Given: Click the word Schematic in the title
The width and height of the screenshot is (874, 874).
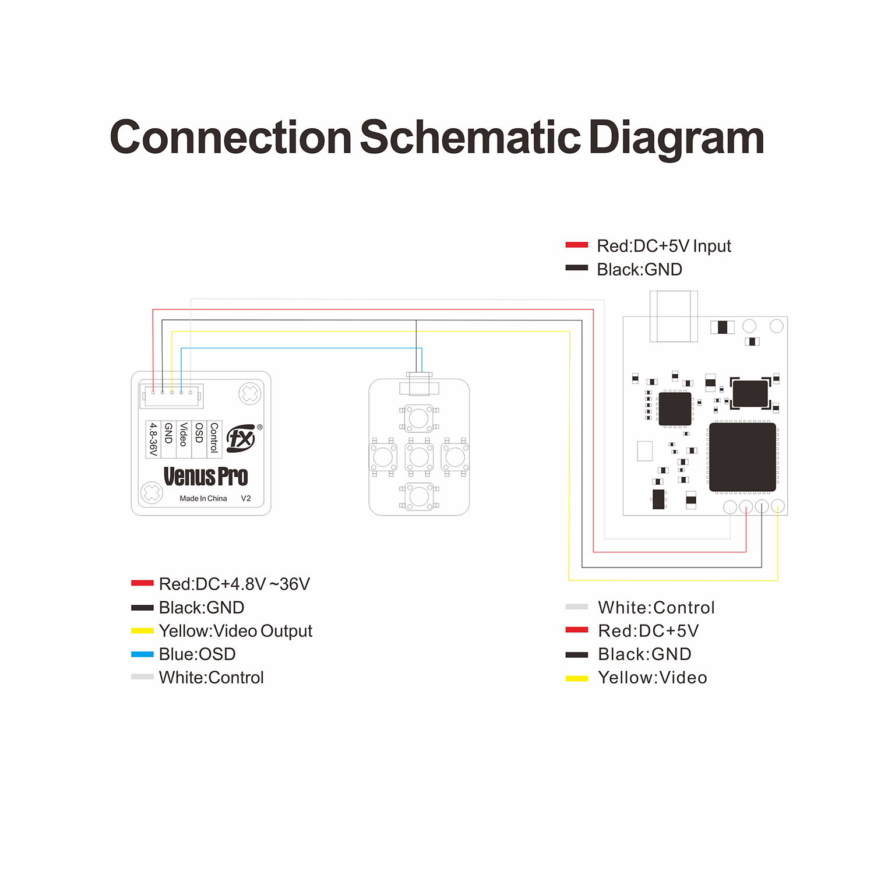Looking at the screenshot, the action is pyautogui.click(x=470, y=138).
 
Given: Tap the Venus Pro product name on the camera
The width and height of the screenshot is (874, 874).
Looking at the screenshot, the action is pyautogui.click(x=206, y=477).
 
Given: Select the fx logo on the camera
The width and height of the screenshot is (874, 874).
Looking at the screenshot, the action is pyautogui.click(x=241, y=438).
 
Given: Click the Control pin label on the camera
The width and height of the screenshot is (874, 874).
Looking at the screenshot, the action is pyautogui.click(x=214, y=438).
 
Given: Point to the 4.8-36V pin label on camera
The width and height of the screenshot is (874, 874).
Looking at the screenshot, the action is pyautogui.click(x=153, y=439).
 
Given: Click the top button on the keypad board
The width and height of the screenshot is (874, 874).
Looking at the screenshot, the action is pyautogui.click(x=419, y=418).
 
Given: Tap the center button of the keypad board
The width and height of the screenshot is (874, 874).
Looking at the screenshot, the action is pyautogui.click(x=419, y=457).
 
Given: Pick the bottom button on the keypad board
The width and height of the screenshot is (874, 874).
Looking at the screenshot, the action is pyautogui.click(x=419, y=496).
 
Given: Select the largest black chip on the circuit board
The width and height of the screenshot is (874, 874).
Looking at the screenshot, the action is pyautogui.click(x=742, y=457).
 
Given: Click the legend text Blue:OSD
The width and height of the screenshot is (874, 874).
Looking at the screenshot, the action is pyautogui.click(x=197, y=654).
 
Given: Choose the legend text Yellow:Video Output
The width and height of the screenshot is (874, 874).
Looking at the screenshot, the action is pyautogui.click(x=235, y=631).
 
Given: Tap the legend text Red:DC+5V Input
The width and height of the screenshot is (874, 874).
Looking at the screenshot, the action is pyautogui.click(x=664, y=246).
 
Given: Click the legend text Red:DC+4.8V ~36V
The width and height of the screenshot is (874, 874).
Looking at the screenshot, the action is pyautogui.click(x=234, y=584).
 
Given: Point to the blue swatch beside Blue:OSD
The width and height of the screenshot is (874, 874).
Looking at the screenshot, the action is pyautogui.click(x=142, y=654).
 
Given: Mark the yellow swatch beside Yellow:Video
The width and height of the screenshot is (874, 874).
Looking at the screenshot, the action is pyautogui.click(x=577, y=678).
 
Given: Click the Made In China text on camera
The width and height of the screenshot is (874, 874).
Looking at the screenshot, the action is pyautogui.click(x=203, y=499).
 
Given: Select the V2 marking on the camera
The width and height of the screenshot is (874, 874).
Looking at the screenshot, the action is pyautogui.click(x=246, y=499).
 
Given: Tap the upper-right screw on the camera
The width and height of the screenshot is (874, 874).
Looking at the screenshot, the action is pyautogui.click(x=250, y=394).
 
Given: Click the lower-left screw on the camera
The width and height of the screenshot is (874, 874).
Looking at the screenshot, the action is pyautogui.click(x=151, y=493).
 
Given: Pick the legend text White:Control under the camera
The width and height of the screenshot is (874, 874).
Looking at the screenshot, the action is pyautogui.click(x=211, y=678).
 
